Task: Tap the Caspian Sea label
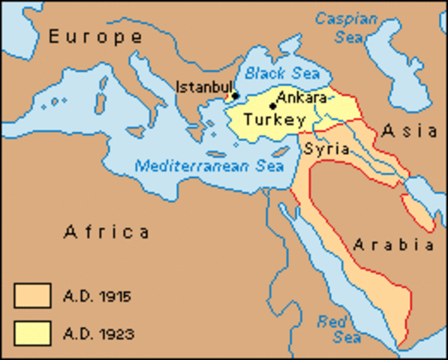tap(347, 27)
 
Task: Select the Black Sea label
tap(282, 73)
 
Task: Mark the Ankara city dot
tap(272, 106)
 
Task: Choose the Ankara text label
tap(301, 97)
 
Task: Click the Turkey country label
tap(274, 120)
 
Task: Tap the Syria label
tap(326, 149)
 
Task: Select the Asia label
tap(410, 130)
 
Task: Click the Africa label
tap(107, 231)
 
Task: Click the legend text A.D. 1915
tap(98, 297)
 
